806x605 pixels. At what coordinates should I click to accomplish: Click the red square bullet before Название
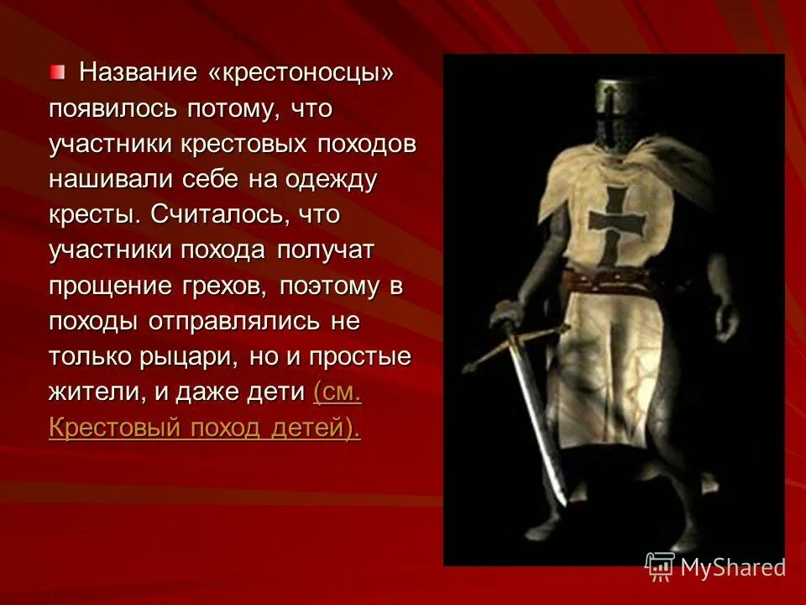click(x=56, y=73)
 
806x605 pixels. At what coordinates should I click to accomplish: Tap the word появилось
click(x=102, y=109)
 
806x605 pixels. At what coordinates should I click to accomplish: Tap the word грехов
click(x=222, y=286)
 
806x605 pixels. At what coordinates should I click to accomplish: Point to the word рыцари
click(x=194, y=357)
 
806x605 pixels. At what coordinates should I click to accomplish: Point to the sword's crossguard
click(x=514, y=345)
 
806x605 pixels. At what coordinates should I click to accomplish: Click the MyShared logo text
click(x=731, y=567)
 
